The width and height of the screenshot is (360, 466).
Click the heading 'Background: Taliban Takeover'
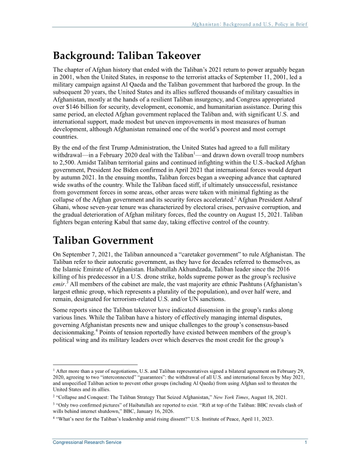coord(127,57)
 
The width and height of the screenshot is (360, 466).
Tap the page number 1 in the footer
coord(305,443)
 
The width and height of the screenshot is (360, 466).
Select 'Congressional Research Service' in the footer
coord(87,443)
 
